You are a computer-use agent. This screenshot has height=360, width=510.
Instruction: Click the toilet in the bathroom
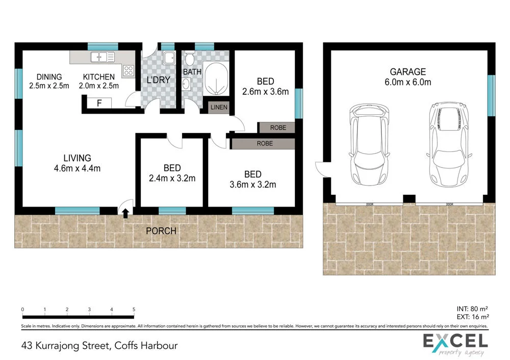[x=189, y=59]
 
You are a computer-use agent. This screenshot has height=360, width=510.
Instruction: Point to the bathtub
[x=217, y=80]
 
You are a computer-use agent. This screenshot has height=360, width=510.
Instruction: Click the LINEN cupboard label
[x=218, y=108]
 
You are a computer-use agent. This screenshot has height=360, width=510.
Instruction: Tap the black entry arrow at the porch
[x=126, y=213]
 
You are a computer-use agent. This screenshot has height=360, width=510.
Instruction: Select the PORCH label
[x=161, y=231]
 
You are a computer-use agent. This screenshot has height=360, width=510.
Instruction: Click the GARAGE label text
[x=407, y=72]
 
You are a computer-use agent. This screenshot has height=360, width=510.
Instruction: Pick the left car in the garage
[x=369, y=145]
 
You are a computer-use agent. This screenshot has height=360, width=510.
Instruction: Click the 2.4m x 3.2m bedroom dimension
[x=172, y=178]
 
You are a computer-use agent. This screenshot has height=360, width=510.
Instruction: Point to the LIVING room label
[x=78, y=158]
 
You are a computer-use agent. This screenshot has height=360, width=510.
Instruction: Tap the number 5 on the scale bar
[x=134, y=310]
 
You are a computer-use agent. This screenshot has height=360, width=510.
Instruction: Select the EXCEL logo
[x=455, y=343]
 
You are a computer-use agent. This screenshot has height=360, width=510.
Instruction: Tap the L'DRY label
[x=158, y=80]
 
